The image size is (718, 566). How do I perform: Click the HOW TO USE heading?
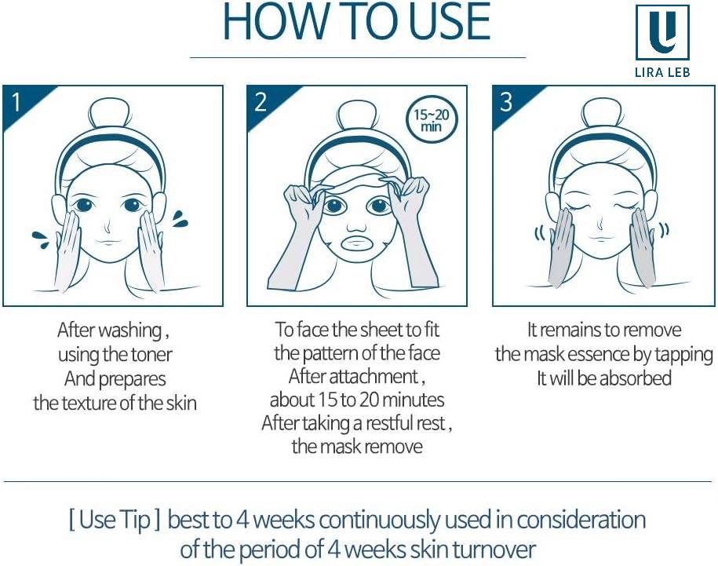(x=357, y=21)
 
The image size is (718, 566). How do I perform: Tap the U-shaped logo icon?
(x=662, y=32)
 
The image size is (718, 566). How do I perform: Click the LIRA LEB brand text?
(x=662, y=72)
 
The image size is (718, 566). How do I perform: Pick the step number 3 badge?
(x=505, y=102)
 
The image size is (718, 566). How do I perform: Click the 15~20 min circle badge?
(x=432, y=119)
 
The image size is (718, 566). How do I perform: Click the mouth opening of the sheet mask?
(x=359, y=243)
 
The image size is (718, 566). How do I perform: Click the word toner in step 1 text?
(x=151, y=355)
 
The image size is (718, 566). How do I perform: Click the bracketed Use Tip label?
(x=115, y=520)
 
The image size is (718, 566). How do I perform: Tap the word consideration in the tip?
(x=581, y=520)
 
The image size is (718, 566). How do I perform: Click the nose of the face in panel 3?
(x=602, y=224)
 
